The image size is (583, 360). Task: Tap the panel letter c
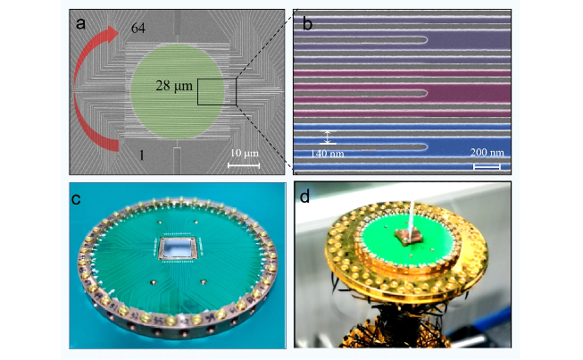78,198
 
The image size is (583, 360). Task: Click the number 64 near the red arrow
137,29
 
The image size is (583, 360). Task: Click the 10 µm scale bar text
244,154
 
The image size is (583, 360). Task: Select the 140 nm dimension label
326,154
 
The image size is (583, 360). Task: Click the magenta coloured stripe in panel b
402,91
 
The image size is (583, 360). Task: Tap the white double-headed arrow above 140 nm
328,137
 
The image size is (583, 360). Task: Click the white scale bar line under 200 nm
486,165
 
